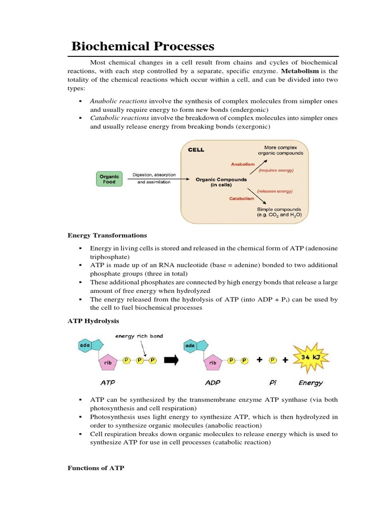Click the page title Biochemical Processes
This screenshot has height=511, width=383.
(x=143, y=46)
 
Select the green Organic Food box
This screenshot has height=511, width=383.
(x=109, y=179)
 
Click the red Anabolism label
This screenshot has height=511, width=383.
(x=243, y=164)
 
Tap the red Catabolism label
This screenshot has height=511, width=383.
(x=242, y=198)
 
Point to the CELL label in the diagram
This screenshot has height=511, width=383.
(x=195, y=150)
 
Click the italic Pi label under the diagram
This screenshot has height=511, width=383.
(x=273, y=383)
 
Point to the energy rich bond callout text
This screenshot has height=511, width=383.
(x=139, y=336)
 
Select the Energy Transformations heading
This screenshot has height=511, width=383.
(x=107, y=236)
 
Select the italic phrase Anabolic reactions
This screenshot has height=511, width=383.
(x=119, y=101)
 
